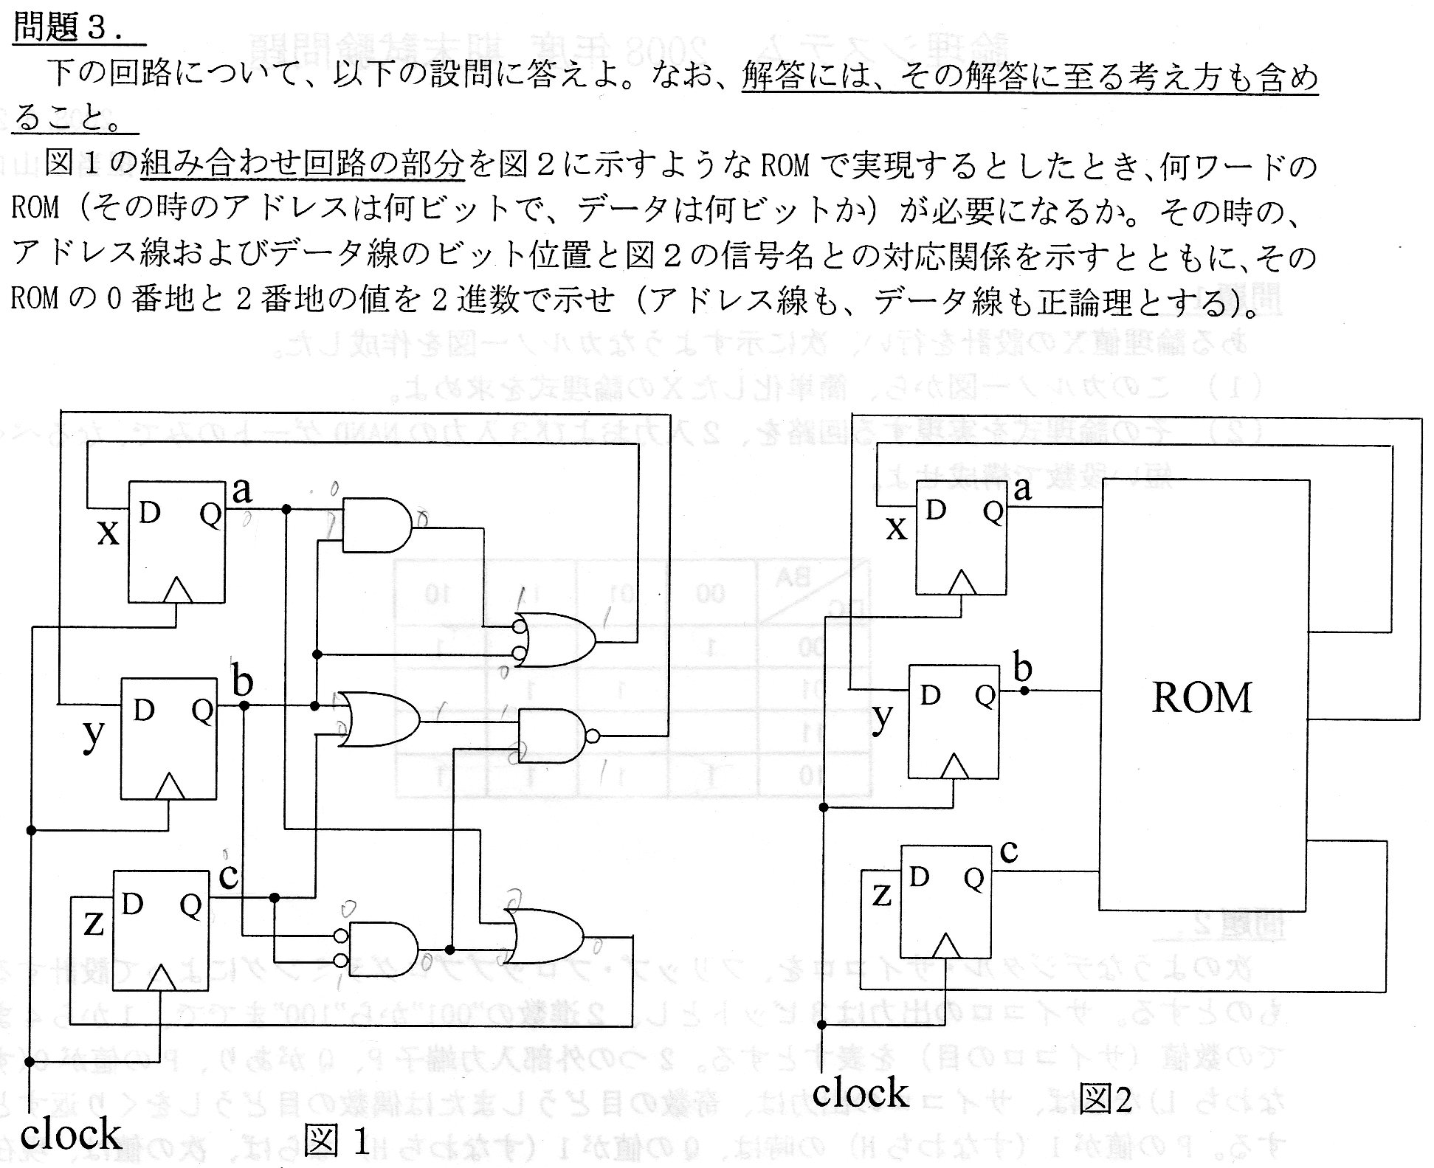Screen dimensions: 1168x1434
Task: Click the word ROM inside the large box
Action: (x=1202, y=697)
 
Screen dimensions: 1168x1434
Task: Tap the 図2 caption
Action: (x=1104, y=1099)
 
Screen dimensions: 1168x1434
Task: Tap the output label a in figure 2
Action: (x=1022, y=488)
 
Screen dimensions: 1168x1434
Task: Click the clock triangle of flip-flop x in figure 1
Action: (x=177, y=590)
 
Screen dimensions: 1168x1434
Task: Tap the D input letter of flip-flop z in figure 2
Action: (x=919, y=877)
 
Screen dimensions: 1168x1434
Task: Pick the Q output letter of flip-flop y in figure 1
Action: (x=201, y=711)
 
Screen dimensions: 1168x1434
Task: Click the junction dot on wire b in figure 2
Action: (x=1024, y=691)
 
